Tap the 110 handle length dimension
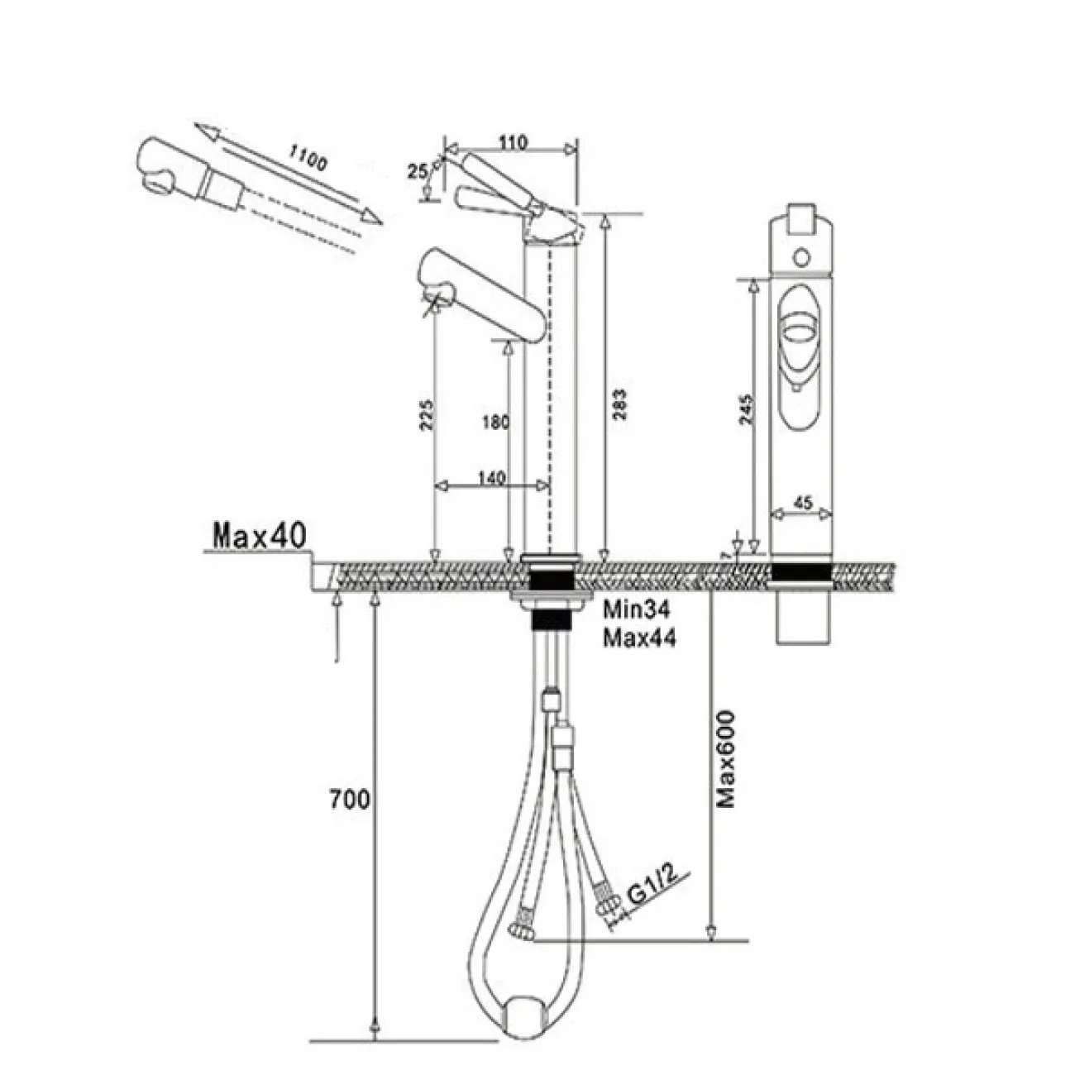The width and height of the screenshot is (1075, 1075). pyautogui.click(x=513, y=142)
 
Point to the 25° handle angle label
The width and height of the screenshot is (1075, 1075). pyautogui.click(x=417, y=172)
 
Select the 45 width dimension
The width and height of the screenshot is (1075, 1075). pyautogui.click(x=801, y=502)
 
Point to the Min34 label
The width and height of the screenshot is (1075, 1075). pyautogui.click(x=636, y=610)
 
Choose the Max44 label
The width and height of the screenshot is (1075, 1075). pyautogui.click(x=638, y=638)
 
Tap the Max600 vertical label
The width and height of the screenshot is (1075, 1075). pyautogui.click(x=727, y=757)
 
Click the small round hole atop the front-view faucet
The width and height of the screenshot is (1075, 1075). pyautogui.click(x=801, y=256)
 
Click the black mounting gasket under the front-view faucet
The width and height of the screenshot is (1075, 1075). pyautogui.click(x=800, y=573)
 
